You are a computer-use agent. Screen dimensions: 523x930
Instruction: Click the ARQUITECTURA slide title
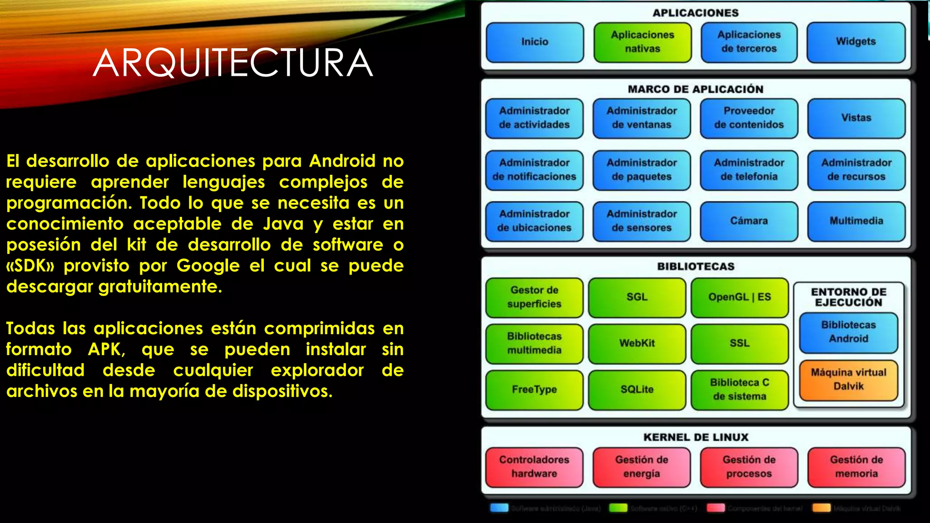click(233, 63)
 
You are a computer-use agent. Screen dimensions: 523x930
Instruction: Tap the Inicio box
click(534, 42)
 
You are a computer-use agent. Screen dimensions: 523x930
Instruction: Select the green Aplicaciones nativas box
click(642, 42)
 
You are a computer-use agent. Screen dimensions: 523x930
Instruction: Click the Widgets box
click(856, 42)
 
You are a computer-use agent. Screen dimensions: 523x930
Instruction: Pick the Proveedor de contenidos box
click(749, 118)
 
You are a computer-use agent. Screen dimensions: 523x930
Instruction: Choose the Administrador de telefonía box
click(749, 170)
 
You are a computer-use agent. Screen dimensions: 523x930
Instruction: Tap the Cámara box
click(749, 221)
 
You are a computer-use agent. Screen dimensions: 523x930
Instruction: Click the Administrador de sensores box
click(641, 221)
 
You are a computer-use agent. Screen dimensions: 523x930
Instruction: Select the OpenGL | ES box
click(739, 297)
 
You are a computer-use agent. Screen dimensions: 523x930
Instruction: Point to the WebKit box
click(637, 344)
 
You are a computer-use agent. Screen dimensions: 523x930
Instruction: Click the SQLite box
click(637, 390)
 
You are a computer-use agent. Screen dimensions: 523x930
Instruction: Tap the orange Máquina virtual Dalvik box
click(848, 380)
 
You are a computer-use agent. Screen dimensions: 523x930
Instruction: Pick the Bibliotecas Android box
click(848, 332)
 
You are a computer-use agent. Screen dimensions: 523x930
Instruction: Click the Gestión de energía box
click(641, 467)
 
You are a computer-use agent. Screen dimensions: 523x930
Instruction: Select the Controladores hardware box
click(534, 467)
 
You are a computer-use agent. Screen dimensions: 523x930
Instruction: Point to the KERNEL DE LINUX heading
click(696, 437)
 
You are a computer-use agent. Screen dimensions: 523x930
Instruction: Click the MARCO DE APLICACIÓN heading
click(696, 89)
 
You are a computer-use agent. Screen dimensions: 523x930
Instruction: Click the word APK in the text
click(105, 350)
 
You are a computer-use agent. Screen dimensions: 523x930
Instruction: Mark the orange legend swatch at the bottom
click(821, 508)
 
